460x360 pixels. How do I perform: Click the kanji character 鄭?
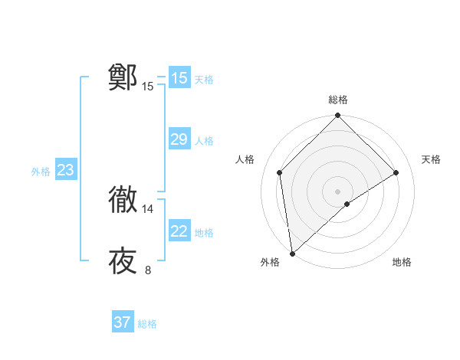click(x=123, y=77)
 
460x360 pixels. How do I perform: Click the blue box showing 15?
click(x=179, y=78)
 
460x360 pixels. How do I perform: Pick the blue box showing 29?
click(x=179, y=139)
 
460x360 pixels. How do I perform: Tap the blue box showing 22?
click(x=179, y=231)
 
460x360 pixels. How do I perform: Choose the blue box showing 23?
click(x=65, y=170)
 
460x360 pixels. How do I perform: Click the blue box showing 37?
click(x=123, y=322)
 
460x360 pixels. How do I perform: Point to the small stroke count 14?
click(x=148, y=209)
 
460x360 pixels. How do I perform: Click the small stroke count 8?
click(x=148, y=270)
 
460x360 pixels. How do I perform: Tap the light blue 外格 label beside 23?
click(x=41, y=172)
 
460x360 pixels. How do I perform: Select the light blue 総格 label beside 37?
click(x=147, y=324)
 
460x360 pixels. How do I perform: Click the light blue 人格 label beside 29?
click(x=204, y=141)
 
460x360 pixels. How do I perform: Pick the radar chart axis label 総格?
click(x=338, y=100)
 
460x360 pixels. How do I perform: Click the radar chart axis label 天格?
click(x=431, y=159)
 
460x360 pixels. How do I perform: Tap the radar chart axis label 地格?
click(x=402, y=262)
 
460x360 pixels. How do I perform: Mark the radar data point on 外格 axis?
click(x=292, y=254)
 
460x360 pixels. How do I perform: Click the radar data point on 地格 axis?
click(x=347, y=204)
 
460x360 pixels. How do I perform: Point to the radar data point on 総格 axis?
click(x=338, y=116)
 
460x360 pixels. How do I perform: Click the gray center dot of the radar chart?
click(x=338, y=191)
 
